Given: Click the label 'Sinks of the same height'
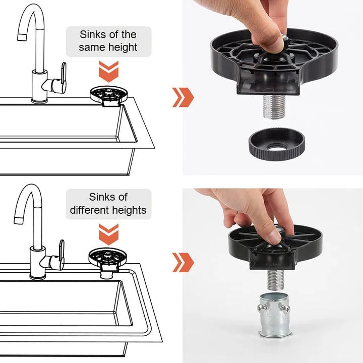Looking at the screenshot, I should coord(108,41).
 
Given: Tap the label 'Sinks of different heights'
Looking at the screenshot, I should coord(108,204).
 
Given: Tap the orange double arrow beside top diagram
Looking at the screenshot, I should coord(183,97).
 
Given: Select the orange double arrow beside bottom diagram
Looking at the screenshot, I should coord(183,262).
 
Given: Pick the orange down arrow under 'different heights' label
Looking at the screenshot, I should coord(108,234).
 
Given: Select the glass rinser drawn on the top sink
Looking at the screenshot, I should coord(108,95).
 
